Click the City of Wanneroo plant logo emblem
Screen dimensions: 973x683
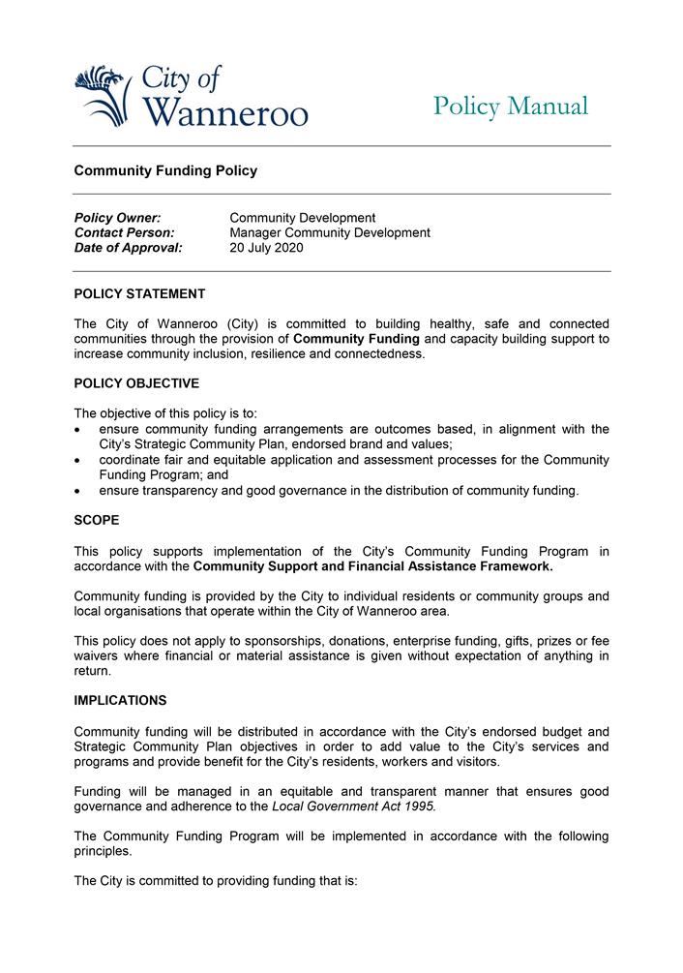(102, 95)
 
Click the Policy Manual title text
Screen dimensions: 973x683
(510, 106)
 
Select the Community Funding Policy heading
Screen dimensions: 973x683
(165, 170)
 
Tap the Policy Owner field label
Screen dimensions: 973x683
(117, 218)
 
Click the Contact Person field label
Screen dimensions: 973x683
(124, 232)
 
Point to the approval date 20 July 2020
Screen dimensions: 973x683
(266, 248)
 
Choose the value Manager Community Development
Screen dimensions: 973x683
(330, 232)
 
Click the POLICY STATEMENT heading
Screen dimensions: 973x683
(139, 294)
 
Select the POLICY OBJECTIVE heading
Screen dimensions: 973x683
(136, 383)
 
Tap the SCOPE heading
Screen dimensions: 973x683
(97, 520)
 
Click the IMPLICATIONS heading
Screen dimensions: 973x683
(120, 700)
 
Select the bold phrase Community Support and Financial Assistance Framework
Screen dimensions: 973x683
(372, 566)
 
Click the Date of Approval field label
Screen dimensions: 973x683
(128, 248)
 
